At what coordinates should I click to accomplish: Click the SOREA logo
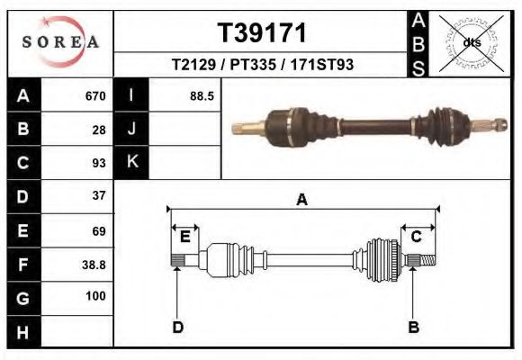(x=59, y=42)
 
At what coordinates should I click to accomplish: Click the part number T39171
(x=263, y=33)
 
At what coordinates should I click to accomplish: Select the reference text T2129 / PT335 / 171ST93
(x=263, y=66)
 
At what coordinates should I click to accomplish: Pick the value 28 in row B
(x=99, y=130)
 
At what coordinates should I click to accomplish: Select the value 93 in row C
(x=99, y=163)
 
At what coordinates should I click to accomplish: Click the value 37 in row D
(x=99, y=195)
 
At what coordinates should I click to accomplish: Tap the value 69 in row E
(x=99, y=230)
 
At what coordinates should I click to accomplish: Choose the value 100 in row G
(x=95, y=296)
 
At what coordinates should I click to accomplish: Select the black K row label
(x=131, y=163)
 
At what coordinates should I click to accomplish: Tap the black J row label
(x=131, y=130)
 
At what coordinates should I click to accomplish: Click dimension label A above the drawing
(x=302, y=200)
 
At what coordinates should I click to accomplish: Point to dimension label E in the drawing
(x=184, y=237)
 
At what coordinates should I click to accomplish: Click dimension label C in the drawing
(x=417, y=237)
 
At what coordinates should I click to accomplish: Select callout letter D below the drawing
(x=177, y=327)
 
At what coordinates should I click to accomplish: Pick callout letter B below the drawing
(x=413, y=327)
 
